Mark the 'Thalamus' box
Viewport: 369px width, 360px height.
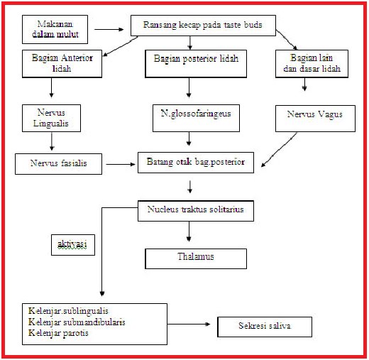[196, 258]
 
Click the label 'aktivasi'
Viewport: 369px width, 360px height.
[72, 244]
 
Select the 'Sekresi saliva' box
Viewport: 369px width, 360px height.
[264, 327]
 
